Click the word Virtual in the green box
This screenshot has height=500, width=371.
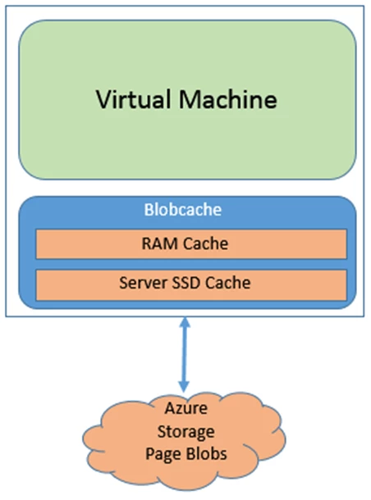click(133, 99)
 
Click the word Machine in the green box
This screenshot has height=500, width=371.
click(228, 99)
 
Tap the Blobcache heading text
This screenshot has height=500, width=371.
click(183, 210)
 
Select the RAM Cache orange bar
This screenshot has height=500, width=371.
click(191, 244)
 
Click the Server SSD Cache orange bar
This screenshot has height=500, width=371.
click(191, 285)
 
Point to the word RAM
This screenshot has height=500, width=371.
click(159, 244)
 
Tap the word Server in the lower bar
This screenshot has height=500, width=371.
click(144, 283)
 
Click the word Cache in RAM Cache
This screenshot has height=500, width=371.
click(206, 244)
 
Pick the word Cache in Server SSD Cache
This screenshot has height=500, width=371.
click(228, 283)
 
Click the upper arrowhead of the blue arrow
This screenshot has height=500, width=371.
click(185, 322)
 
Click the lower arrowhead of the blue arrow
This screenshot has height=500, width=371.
click(184, 387)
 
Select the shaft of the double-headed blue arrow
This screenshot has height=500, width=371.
click(184, 355)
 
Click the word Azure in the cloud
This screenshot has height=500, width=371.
click(186, 408)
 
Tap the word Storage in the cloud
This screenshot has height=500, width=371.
click(186, 432)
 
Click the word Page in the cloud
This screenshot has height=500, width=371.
click(162, 454)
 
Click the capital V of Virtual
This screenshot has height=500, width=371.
click(103, 99)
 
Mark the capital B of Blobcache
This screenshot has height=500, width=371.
click(149, 210)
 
